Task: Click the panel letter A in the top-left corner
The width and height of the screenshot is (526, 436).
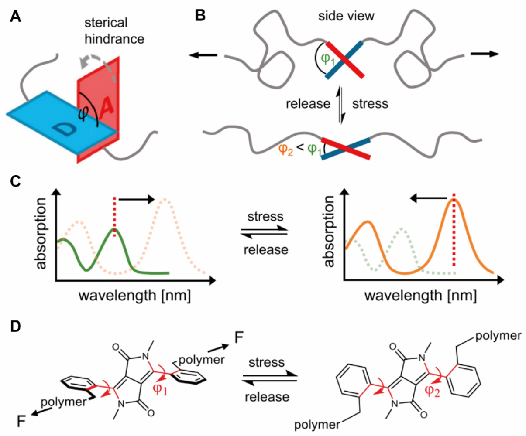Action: click(x=15, y=17)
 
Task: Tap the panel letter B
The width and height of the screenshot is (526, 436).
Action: click(x=200, y=16)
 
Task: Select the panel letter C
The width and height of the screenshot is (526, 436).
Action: click(x=15, y=181)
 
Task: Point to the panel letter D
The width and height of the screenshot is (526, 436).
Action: click(x=15, y=327)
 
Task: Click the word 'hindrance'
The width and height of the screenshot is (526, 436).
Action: click(x=114, y=39)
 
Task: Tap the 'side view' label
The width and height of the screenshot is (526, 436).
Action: click(x=347, y=16)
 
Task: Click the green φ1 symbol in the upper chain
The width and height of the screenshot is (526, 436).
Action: click(x=328, y=60)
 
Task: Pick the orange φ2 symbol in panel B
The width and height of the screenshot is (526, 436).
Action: click(x=286, y=150)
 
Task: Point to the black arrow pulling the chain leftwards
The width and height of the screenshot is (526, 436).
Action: click(x=203, y=54)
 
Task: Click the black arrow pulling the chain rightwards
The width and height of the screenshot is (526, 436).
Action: click(x=485, y=54)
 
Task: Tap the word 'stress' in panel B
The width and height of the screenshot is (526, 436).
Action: click(x=370, y=104)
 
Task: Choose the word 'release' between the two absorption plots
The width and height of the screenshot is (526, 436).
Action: click(x=266, y=250)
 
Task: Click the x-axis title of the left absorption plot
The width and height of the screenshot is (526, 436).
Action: click(x=135, y=295)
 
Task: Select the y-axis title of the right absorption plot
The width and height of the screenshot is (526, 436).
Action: click(x=329, y=232)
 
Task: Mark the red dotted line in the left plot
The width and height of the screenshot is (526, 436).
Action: click(x=115, y=217)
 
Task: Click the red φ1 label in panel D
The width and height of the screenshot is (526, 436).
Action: click(x=160, y=389)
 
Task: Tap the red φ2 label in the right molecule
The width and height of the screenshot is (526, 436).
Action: click(x=432, y=391)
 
